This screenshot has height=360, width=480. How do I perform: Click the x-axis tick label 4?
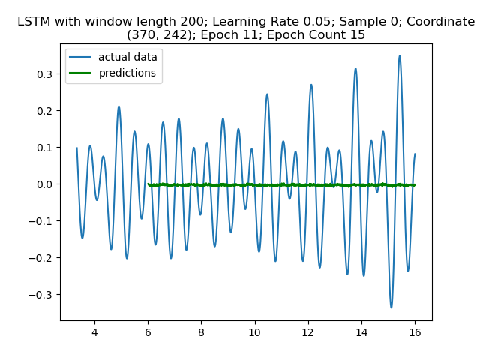(x=94, y=331)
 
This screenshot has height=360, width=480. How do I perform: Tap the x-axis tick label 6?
(x=148, y=331)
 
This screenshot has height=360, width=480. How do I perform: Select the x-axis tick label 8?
(x=201, y=331)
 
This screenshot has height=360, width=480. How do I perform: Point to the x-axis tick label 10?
(x=254, y=331)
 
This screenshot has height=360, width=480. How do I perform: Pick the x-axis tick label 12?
(x=307, y=331)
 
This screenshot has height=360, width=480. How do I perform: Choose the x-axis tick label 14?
(x=361, y=331)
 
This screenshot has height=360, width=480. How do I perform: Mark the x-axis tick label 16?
(x=415, y=331)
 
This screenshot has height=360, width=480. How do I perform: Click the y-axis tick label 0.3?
(x=46, y=74)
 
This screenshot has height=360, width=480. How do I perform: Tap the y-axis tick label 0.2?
(x=46, y=111)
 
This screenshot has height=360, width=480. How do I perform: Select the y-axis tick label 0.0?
(x=46, y=184)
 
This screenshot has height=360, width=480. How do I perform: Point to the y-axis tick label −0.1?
(x=43, y=221)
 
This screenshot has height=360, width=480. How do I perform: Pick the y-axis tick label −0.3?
(x=43, y=295)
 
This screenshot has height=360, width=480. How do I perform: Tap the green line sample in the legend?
(x=82, y=73)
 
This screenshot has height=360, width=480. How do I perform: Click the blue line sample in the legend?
(x=82, y=58)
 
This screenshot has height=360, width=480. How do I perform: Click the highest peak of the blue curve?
(x=400, y=55)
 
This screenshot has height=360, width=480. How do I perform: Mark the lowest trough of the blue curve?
(x=391, y=307)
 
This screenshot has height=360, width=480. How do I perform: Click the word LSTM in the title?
(x=34, y=22)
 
